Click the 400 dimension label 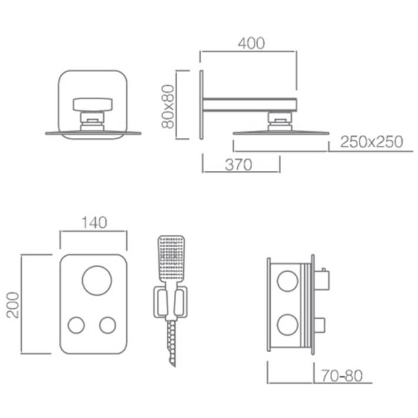click(251, 43)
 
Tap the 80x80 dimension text click(168, 106)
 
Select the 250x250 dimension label click(372, 141)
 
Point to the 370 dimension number click(238, 164)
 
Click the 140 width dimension click(94, 223)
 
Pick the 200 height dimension click(13, 305)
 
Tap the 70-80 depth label click(342, 376)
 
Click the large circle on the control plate click(97, 281)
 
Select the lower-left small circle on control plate click(76, 325)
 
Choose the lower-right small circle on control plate click(107, 325)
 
